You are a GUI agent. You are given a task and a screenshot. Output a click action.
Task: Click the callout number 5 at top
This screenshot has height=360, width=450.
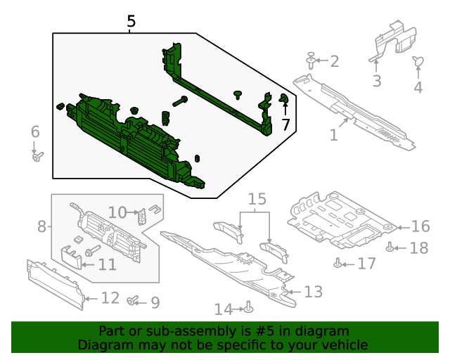point(131,22)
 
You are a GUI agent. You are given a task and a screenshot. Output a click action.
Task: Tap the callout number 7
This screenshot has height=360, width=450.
point(285,125)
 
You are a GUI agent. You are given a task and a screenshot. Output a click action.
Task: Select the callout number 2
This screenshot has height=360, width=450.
point(334,61)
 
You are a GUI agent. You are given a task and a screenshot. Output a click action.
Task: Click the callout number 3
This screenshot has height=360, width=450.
point(377,82)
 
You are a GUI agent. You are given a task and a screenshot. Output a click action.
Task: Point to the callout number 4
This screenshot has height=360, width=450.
point(418,88)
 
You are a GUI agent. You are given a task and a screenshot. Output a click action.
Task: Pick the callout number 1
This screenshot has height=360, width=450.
point(334,134)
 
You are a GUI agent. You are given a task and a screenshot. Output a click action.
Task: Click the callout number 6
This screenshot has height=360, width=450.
point(35,131)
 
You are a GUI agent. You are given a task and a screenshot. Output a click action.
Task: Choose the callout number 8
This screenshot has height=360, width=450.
point(41,226)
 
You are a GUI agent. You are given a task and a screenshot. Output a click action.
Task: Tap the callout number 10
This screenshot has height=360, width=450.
point(117,212)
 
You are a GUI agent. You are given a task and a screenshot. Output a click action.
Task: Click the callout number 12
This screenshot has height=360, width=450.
point(110,298)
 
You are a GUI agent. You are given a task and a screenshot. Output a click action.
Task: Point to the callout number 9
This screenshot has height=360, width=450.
point(154,302)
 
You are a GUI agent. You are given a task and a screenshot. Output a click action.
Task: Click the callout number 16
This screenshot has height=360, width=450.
point(420,226)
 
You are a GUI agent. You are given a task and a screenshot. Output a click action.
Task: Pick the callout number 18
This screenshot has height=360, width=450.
point(418,248)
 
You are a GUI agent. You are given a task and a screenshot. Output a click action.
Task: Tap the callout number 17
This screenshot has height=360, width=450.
point(366,264)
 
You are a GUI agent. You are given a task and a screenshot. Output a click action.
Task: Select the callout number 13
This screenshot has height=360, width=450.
point(313,291)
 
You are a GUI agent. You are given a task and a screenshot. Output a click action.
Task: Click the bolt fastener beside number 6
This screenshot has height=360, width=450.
point(37,156)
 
